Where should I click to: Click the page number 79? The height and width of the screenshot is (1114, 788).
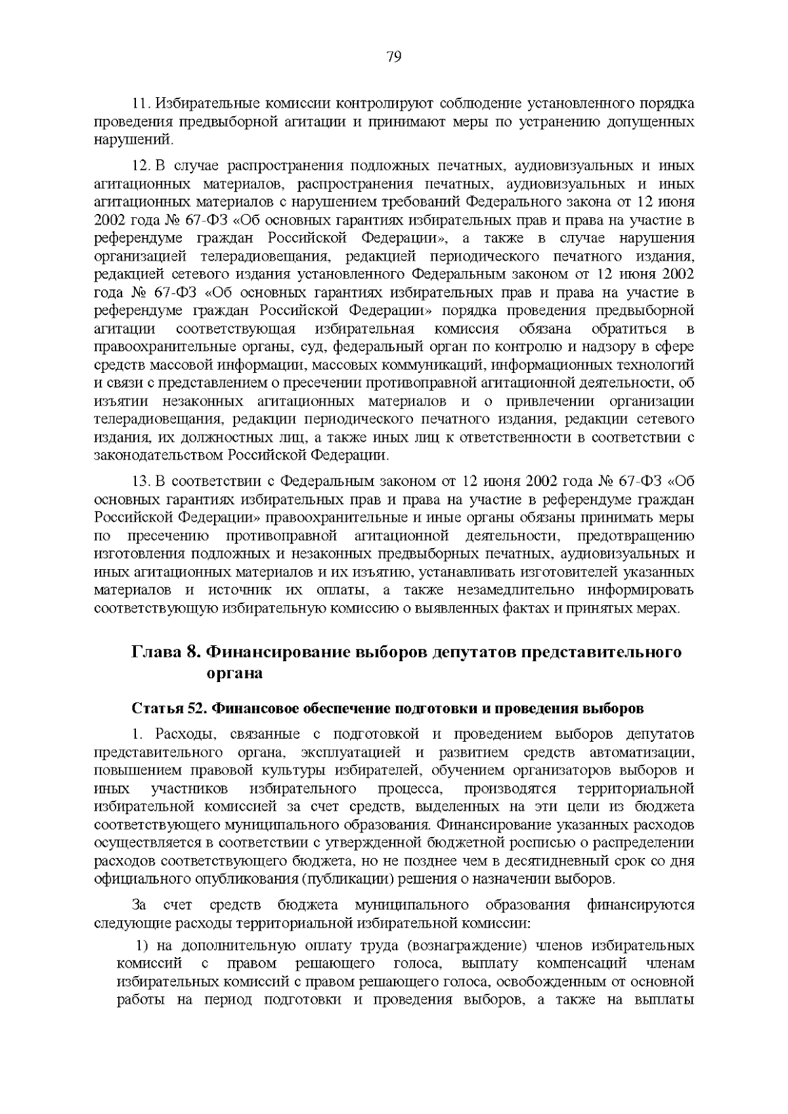click(x=394, y=56)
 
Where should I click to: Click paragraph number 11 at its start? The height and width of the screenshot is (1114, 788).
click(x=140, y=104)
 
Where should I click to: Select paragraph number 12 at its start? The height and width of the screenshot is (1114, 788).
click(x=139, y=165)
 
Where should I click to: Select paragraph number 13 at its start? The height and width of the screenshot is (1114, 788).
click(x=139, y=480)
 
